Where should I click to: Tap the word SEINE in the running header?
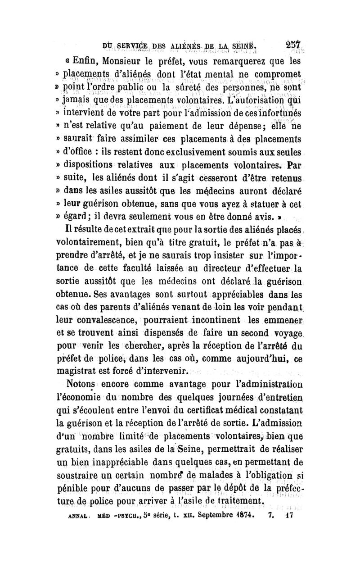241,46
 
